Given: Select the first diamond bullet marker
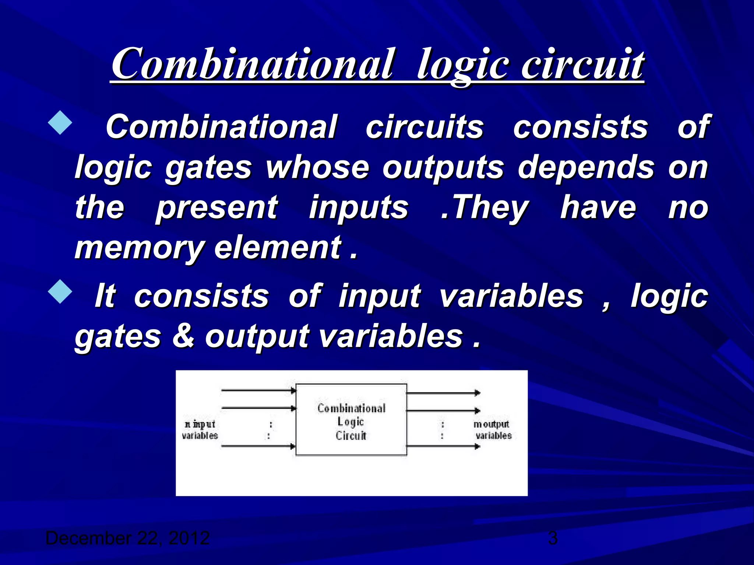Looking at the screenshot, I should pos(60,123).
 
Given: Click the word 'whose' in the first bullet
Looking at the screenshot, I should pos(317,167).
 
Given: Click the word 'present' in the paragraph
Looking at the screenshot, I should pos(217,208).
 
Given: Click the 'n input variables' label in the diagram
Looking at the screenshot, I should pos(200,430).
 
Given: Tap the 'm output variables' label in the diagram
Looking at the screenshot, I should pos(492,430).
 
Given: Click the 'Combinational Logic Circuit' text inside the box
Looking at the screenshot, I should pos(351,422).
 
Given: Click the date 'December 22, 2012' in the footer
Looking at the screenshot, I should pos(127,538).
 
